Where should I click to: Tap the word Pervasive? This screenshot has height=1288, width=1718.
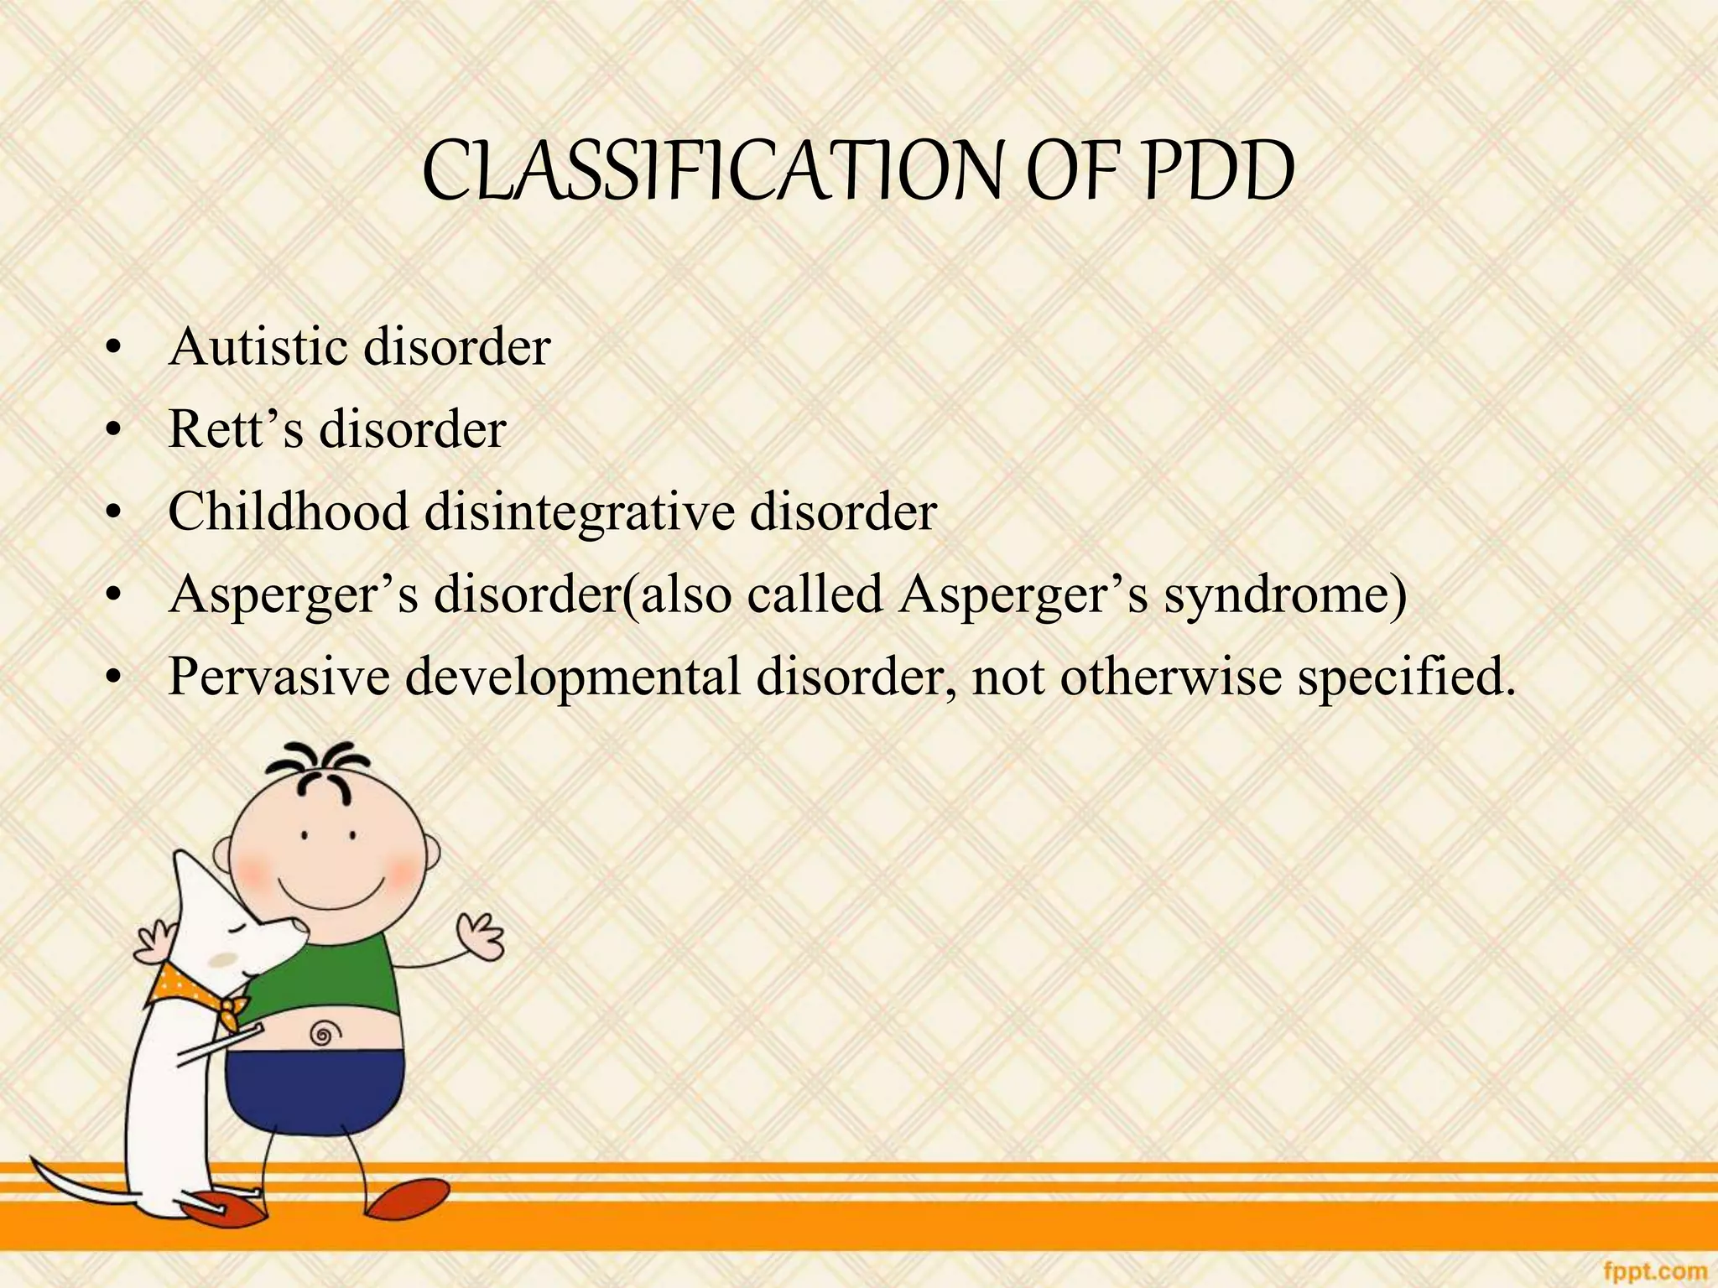(279, 676)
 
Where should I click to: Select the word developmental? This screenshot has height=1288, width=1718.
(573, 678)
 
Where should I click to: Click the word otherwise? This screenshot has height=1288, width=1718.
(1170, 676)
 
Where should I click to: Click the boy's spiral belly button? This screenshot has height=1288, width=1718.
(322, 1033)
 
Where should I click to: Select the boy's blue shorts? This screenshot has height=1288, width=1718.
(319, 1090)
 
